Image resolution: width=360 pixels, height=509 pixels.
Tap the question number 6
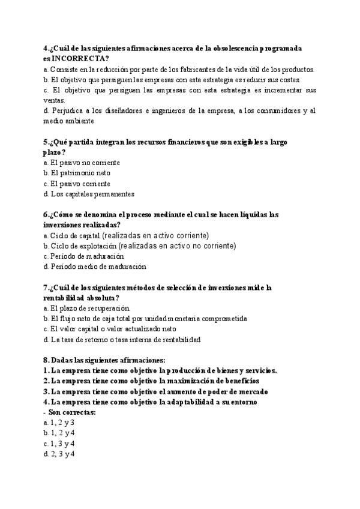(x=46, y=214)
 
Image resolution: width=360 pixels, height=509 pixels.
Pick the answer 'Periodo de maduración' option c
(x=79, y=256)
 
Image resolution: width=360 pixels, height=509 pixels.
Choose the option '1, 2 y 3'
(x=62, y=423)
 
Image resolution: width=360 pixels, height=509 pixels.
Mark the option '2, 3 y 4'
(x=62, y=454)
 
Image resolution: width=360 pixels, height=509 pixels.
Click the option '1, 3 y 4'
(x=62, y=444)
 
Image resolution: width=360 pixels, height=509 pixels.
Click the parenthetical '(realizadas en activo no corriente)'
(x=178, y=245)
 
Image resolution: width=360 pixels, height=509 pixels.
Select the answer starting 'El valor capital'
(x=113, y=329)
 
